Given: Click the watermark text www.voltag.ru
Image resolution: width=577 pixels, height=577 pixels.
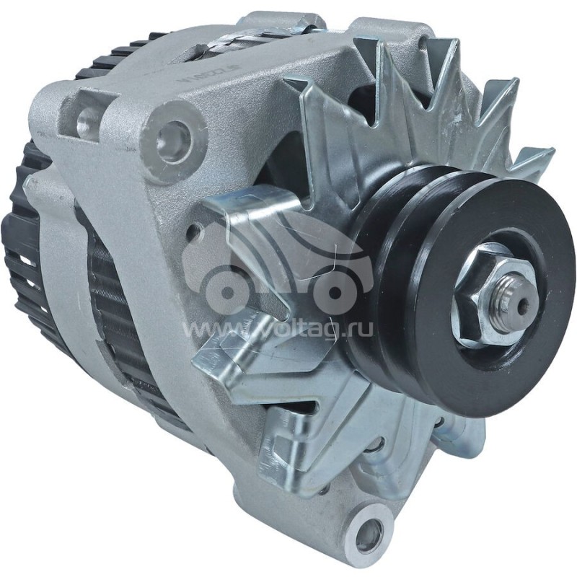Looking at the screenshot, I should click(x=281, y=329).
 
